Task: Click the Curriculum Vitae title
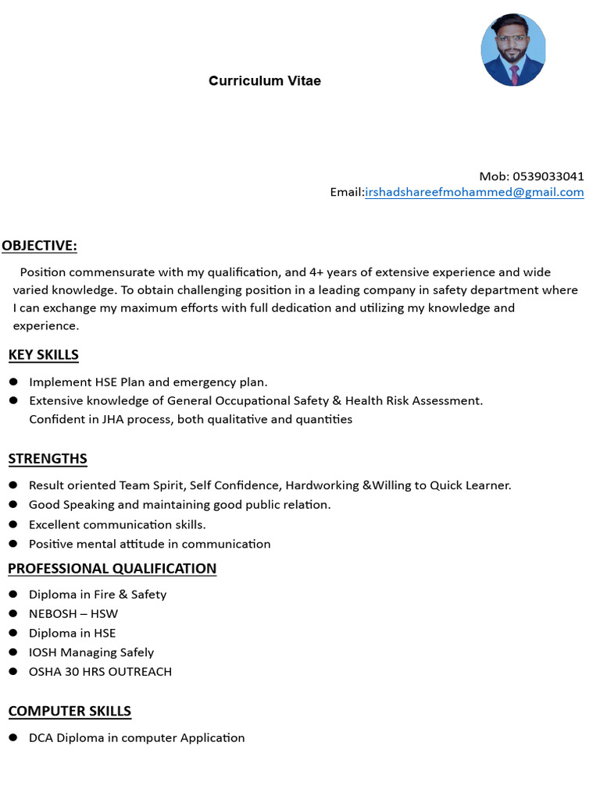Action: coord(264,81)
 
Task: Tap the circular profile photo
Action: coord(512,49)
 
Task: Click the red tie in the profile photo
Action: coord(514,74)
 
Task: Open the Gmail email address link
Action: coord(474,193)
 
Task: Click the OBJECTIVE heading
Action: coord(39,246)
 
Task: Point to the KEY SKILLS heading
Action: coord(44,355)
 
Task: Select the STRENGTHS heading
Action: coord(48,459)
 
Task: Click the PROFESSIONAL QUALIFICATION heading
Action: coord(112,569)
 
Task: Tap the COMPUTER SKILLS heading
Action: coord(70,712)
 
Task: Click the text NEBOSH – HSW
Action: coord(73,614)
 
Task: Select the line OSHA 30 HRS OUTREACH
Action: coord(100,672)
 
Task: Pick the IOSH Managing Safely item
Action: coord(91,652)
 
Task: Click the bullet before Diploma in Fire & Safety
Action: coord(13,595)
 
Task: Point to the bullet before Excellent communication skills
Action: coord(13,524)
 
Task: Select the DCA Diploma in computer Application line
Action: coord(137,738)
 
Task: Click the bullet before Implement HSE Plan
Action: coord(13,382)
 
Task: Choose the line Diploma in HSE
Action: coord(72,634)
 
